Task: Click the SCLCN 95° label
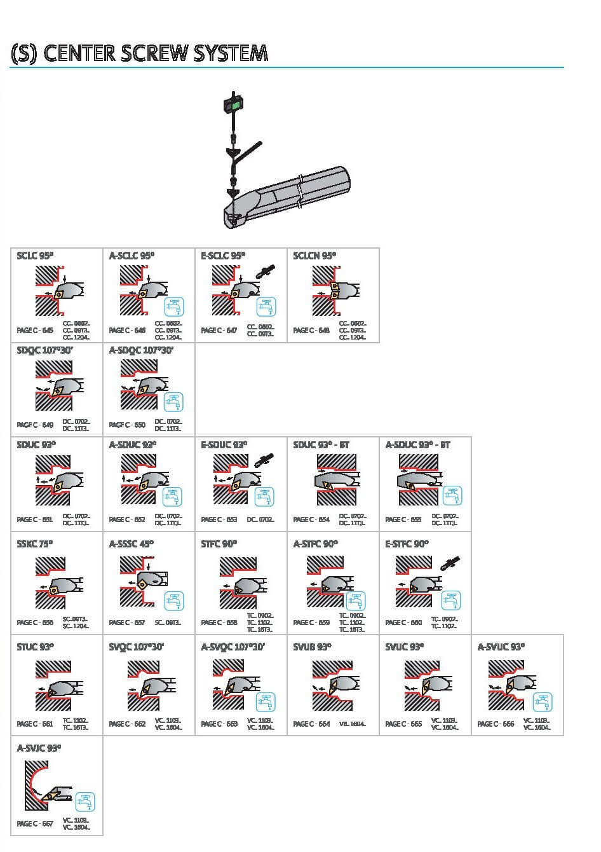tap(314, 256)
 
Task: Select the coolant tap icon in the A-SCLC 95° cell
tap(174, 306)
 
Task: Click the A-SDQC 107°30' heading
tap(140, 350)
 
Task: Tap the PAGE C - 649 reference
tap(35, 425)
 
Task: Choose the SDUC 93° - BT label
tap(321, 445)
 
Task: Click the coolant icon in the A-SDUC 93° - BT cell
tap(452, 495)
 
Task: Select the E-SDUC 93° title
tap(224, 445)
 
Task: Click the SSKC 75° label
tap(35, 544)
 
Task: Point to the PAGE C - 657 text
tap(127, 622)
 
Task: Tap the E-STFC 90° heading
tap(407, 544)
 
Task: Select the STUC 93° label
tap(36, 647)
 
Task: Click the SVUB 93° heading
tap(312, 647)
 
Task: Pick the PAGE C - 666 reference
tap(496, 724)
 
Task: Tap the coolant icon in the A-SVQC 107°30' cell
tap(266, 702)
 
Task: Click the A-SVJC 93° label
tap(39, 748)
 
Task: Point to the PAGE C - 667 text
tap(35, 823)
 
